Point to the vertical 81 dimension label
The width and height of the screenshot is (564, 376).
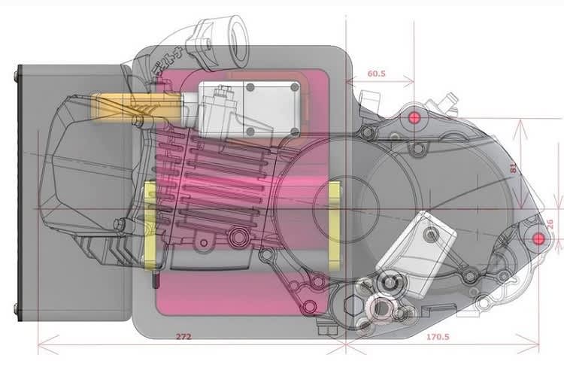click(x=514, y=169)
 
